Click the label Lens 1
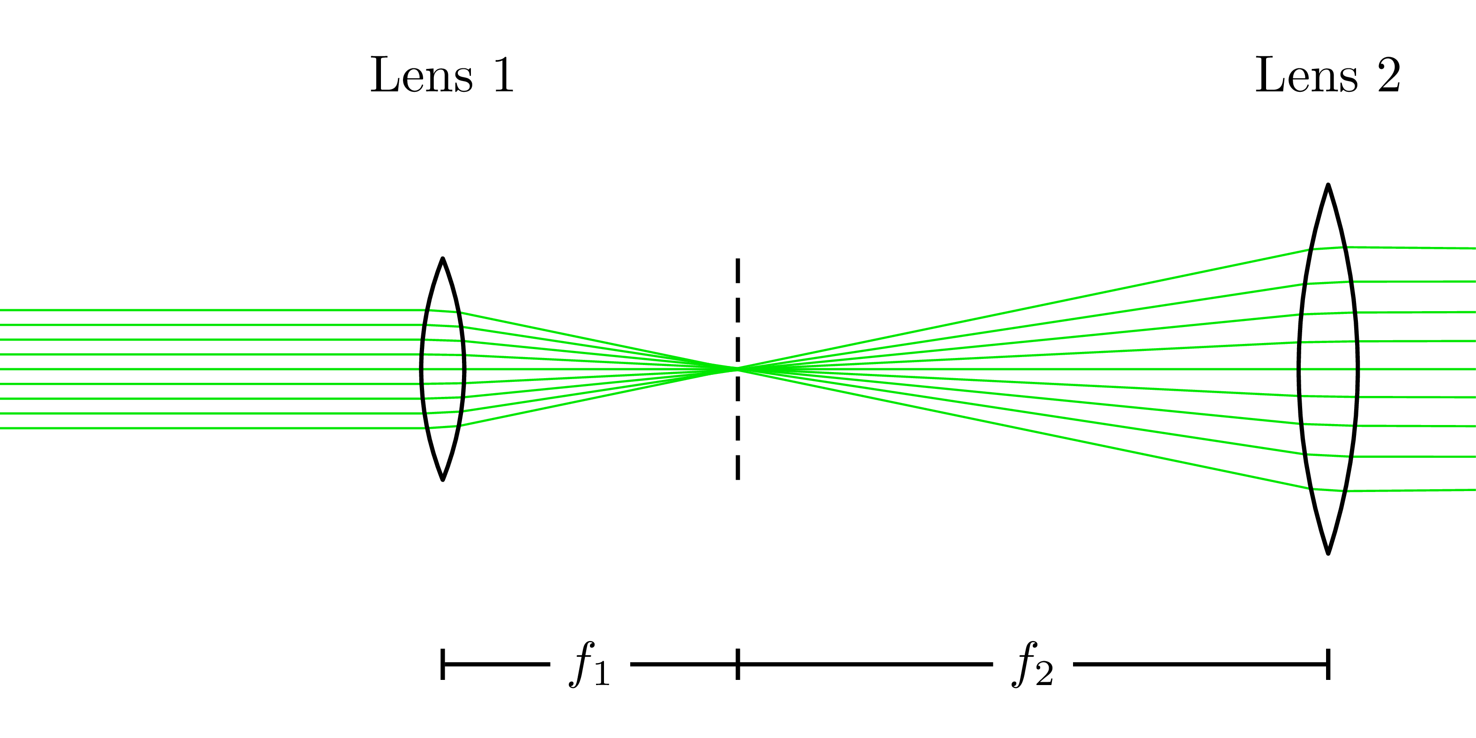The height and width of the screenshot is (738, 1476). pos(442,75)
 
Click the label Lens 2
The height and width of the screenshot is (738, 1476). pos(1327,75)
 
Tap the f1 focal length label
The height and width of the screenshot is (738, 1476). pos(589,664)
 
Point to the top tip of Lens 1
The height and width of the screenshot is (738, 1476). pos(443,259)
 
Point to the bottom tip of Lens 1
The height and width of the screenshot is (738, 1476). pos(443,479)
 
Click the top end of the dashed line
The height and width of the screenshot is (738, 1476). pos(738,260)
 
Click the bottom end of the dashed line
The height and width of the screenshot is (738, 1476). pos(738,478)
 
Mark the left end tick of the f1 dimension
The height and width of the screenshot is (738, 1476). pos(443,664)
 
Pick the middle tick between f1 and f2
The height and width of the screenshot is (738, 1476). pos(738,664)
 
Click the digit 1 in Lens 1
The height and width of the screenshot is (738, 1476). pos(504,75)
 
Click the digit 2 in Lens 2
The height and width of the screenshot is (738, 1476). pos(1389,75)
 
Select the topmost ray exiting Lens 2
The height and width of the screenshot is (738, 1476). pos(1415,247)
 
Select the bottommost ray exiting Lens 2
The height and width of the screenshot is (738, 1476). pos(1415,491)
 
